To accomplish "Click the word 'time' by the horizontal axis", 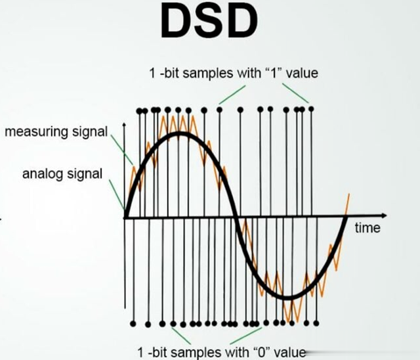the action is coord(367,228).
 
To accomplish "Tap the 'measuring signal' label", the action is coord(56,132).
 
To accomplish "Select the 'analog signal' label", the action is coord(62,173).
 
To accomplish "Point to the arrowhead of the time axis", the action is coord(385,215).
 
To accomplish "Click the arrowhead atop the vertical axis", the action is coord(124,125).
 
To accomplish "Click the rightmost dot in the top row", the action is coord(311,109).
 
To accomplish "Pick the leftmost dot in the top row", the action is coord(138,111).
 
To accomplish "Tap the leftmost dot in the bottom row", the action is coord(133,324).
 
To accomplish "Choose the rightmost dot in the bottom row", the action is coord(316,323).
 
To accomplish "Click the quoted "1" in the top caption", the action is coord(274,73).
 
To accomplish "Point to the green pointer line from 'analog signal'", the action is coord(117,194).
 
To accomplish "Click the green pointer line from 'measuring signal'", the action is coord(122,150).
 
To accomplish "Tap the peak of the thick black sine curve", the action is coord(180,133).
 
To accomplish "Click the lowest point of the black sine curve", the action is coord(287,298).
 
